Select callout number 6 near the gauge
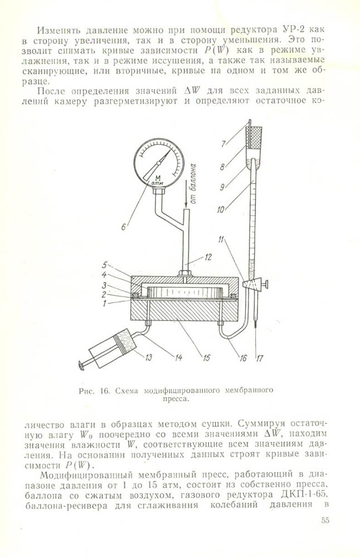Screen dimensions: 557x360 pyautogui.click(x=124, y=226)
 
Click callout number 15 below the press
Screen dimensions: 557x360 pyautogui.click(x=207, y=358)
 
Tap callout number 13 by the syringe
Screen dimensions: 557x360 pyautogui.click(x=148, y=358)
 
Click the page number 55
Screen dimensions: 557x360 pyautogui.click(x=325, y=521)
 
